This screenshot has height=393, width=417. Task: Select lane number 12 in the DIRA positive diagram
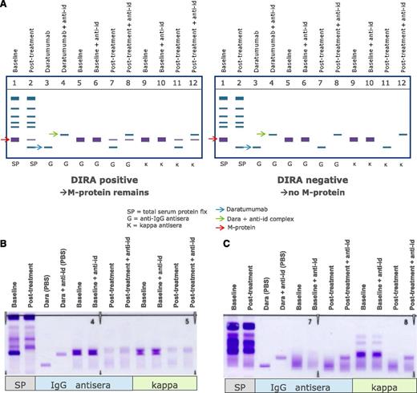click(x=194, y=83)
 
